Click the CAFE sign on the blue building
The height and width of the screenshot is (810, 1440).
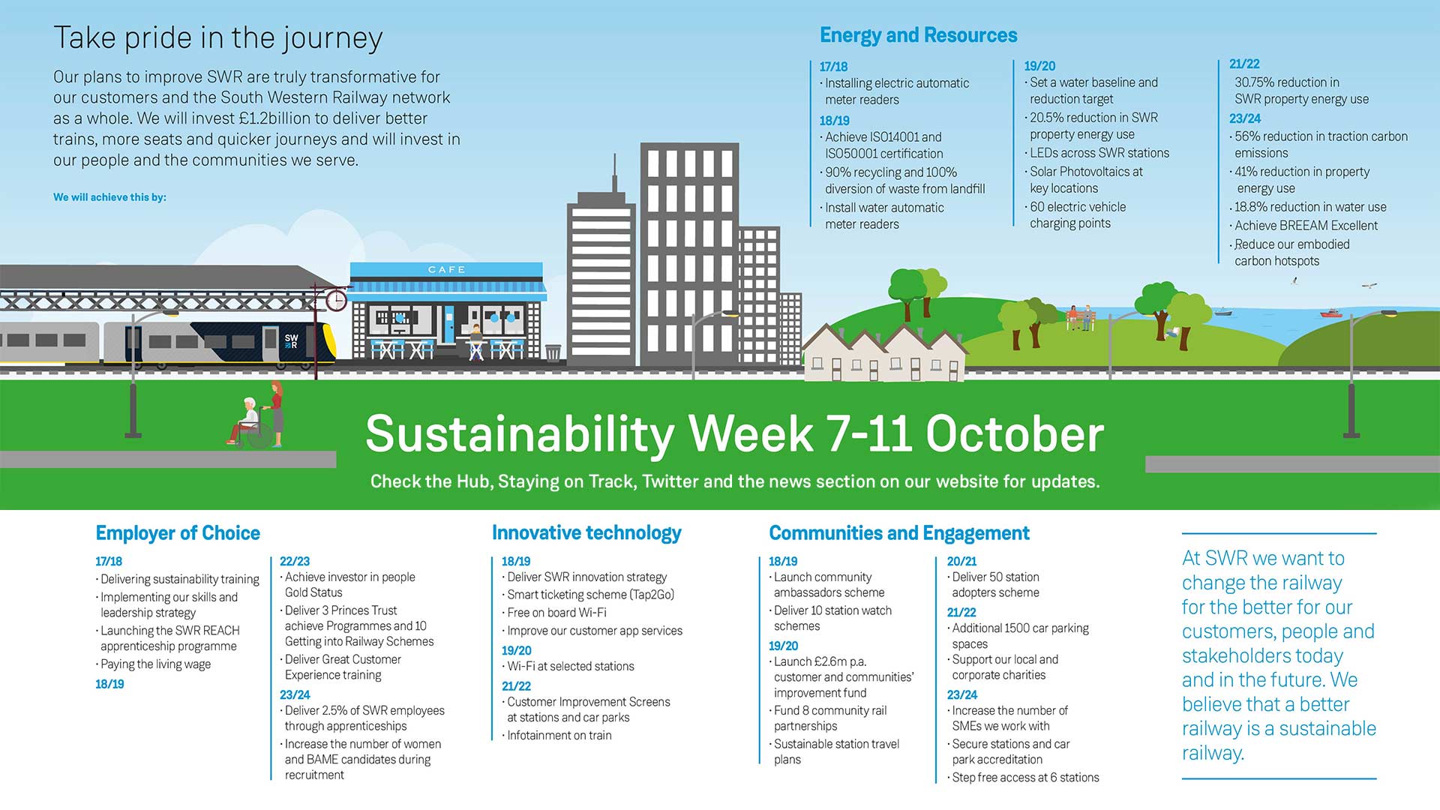click(x=446, y=269)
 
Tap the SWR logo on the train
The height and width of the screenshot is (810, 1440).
click(x=292, y=341)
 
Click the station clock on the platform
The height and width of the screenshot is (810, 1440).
click(x=336, y=301)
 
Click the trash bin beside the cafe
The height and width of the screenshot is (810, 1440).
click(x=553, y=352)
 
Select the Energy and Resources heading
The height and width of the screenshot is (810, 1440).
click(x=918, y=35)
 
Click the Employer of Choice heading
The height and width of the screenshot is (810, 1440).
click(x=178, y=533)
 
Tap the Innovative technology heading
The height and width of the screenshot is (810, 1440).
click(x=586, y=533)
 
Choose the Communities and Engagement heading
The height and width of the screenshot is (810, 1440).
click(x=899, y=533)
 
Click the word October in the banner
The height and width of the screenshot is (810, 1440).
click(x=1015, y=434)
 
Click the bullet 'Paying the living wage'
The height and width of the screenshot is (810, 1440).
click(x=155, y=664)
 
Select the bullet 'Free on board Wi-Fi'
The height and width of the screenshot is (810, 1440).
click(x=556, y=613)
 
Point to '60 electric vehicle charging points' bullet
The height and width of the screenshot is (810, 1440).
click(x=1077, y=215)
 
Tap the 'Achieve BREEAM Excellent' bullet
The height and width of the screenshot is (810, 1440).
click(x=1306, y=226)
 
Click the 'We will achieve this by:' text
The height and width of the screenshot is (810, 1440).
click(x=109, y=197)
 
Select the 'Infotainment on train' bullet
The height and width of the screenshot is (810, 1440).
click(x=559, y=736)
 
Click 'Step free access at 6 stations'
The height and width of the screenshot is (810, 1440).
click(x=1025, y=778)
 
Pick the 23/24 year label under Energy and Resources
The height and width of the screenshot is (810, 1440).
click(x=1245, y=118)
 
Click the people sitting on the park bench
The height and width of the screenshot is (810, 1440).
click(x=1079, y=318)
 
